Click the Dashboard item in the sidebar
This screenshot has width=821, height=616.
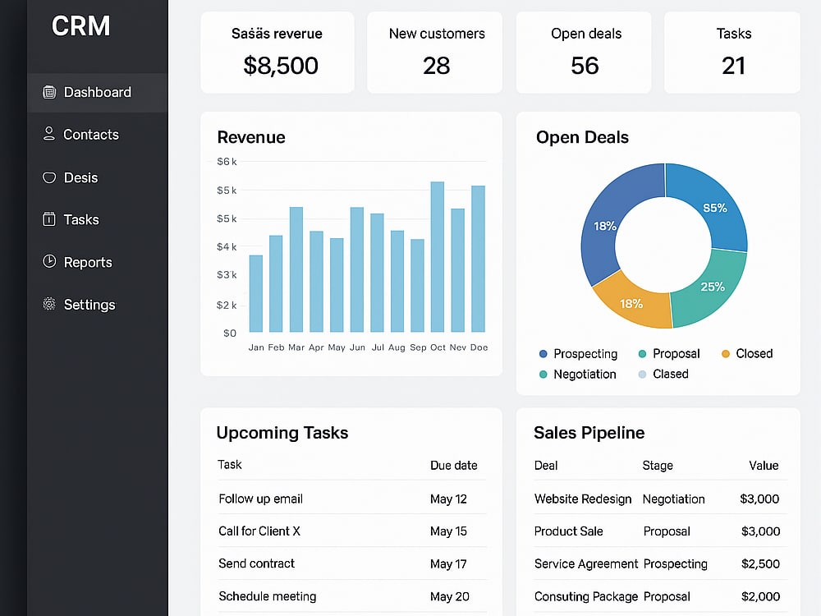point(98,93)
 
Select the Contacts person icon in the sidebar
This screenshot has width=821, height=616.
point(48,134)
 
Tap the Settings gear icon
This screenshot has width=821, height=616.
point(49,304)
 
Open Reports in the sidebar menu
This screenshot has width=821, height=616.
point(88,262)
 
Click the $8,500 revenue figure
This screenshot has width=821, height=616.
point(281,66)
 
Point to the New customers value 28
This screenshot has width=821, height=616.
point(436,66)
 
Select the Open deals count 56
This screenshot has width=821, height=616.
point(585,66)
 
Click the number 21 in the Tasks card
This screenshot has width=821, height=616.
point(733,66)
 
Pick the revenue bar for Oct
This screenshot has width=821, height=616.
point(438,256)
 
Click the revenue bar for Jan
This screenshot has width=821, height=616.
point(256,293)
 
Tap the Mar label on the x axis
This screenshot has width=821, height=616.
point(296,347)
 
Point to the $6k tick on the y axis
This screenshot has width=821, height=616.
point(227,161)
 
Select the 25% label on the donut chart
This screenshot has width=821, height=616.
point(713,287)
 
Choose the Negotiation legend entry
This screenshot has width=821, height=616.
point(578,374)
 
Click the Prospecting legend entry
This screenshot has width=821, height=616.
point(579,353)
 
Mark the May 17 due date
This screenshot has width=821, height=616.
point(448,564)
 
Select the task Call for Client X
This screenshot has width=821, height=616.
point(259,531)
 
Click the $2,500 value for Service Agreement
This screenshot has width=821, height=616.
point(760,564)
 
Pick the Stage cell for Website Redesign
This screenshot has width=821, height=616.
point(673,499)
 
